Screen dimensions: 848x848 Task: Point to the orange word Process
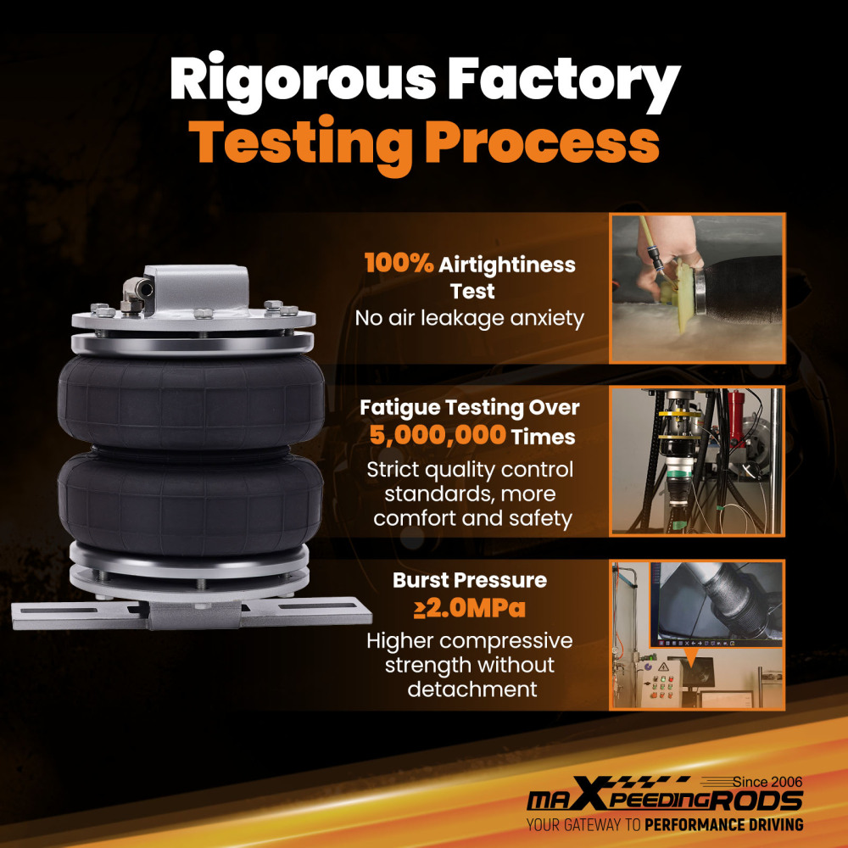click(542, 142)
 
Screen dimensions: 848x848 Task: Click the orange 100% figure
click(399, 264)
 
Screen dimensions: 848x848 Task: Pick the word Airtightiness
click(507, 265)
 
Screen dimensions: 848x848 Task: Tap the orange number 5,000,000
click(438, 435)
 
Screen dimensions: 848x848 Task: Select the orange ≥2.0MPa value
click(470, 608)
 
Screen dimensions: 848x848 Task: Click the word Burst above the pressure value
click(421, 580)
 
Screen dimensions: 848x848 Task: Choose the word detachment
click(472, 689)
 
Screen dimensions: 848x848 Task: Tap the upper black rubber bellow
click(191, 402)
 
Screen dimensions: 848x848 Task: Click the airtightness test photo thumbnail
click(697, 288)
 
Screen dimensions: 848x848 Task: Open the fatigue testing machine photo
click(697, 460)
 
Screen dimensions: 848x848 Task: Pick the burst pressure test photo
click(697, 635)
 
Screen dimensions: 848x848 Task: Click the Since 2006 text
click(767, 782)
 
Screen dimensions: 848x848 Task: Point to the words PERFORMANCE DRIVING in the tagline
click(723, 825)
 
